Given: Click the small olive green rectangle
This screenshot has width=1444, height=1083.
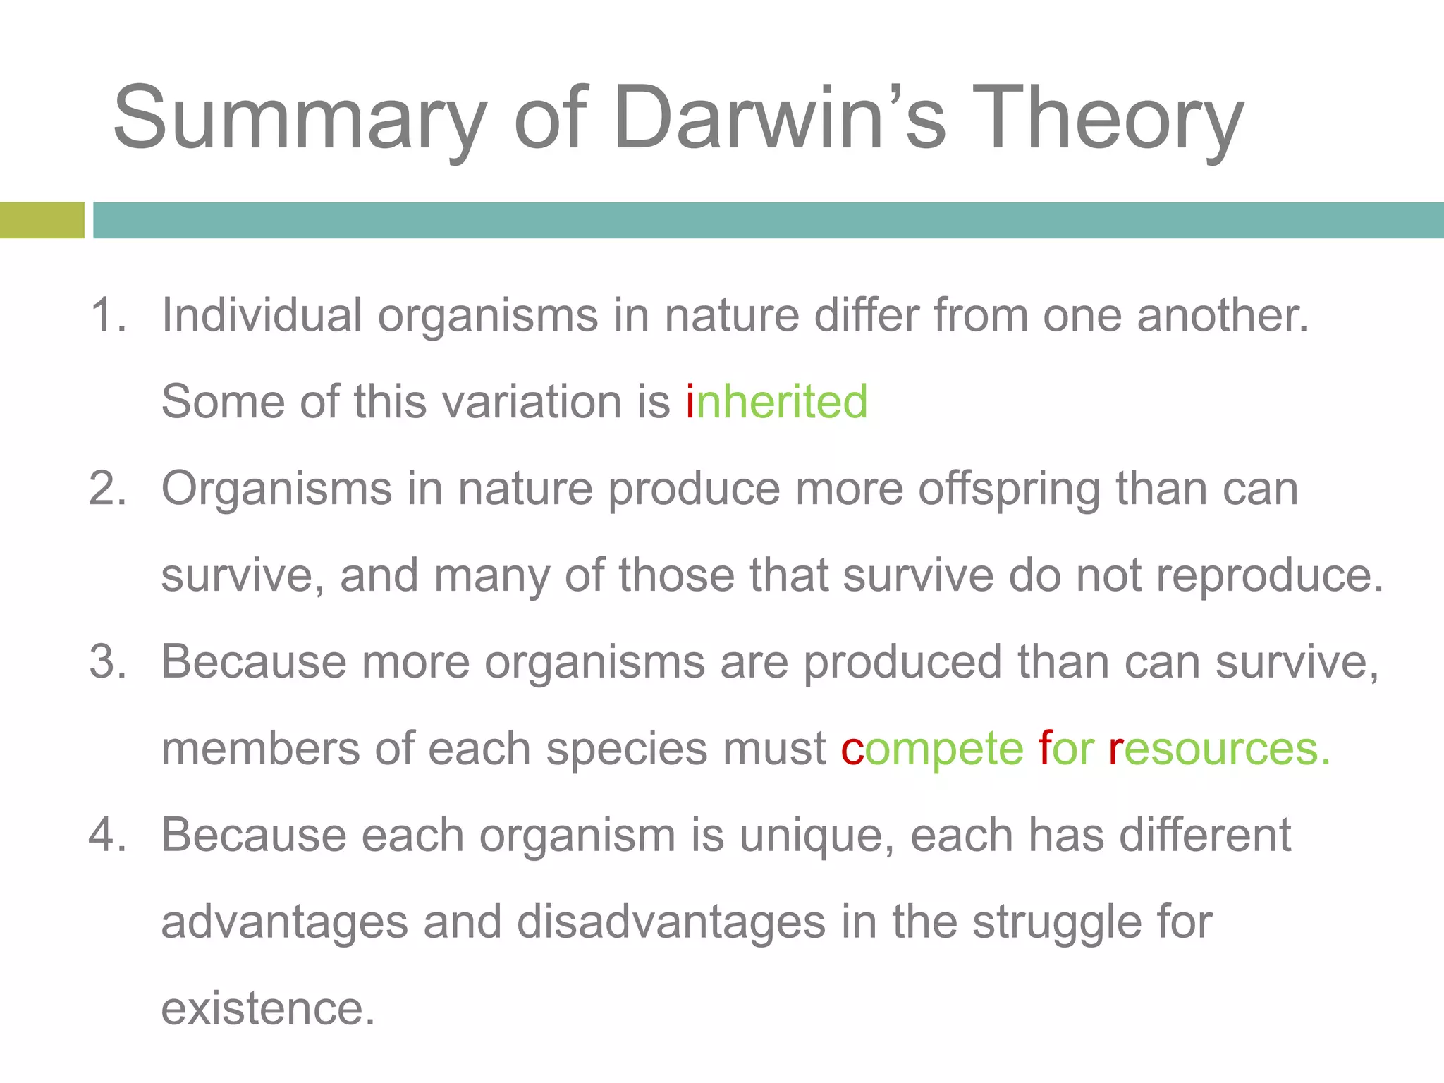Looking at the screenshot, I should coord(42,220).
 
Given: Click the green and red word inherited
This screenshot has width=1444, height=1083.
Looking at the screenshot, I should coord(776,402).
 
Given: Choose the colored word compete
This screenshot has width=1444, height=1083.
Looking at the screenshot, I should coord(931,749).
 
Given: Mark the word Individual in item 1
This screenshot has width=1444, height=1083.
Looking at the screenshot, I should coord(262,315).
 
